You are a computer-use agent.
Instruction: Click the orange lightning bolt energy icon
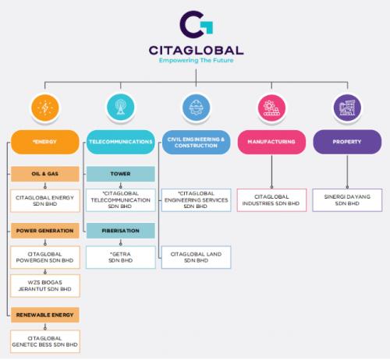(x=45, y=108)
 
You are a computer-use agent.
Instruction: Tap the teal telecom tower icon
(x=120, y=108)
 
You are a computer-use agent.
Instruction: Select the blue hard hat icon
(x=196, y=108)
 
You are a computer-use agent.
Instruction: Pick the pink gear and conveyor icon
(x=271, y=108)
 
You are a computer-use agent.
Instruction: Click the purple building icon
(x=347, y=108)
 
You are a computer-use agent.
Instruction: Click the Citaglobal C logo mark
(x=197, y=24)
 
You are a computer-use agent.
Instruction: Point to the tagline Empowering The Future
(x=196, y=61)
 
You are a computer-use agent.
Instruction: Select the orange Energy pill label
(x=45, y=142)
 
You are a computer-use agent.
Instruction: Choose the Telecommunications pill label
(x=121, y=142)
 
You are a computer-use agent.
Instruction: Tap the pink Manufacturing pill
(x=271, y=142)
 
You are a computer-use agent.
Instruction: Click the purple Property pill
(x=347, y=142)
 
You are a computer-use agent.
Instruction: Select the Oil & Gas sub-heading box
(x=45, y=174)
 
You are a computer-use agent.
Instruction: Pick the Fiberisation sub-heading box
(x=121, y=231)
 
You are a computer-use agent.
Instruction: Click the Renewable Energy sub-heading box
(x=45, y=315)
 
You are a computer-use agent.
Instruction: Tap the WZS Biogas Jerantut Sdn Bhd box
(x=45, y=286)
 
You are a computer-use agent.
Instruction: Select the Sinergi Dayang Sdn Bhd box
(x=347, y=200)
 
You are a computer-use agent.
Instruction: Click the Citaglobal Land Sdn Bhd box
(x=196, y=257)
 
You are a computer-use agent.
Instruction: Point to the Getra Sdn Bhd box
(x=121, y=257)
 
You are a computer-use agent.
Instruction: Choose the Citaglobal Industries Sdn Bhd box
(x=271, y=200)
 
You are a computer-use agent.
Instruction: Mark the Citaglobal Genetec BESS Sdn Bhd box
(x=45, y=341)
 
